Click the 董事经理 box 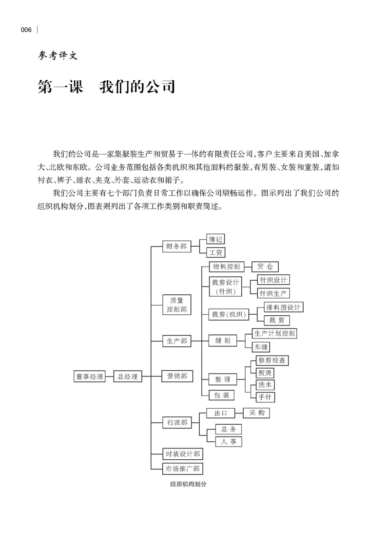point(90,376)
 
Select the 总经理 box point(127,376)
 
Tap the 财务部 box point(176,247)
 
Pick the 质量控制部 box point(176,305)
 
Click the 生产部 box point(176,342)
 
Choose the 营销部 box point(176,376)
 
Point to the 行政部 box point(176,423)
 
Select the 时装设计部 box point(183,454)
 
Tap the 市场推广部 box point(183,469)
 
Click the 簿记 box point(215,239)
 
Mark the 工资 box point(215,253)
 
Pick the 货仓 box point(265,267)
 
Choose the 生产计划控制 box point(274,333)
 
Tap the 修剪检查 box point(272,360)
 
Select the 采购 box point(256,413)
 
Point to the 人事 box point(228,442)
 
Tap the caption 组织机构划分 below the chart point(185,485)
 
